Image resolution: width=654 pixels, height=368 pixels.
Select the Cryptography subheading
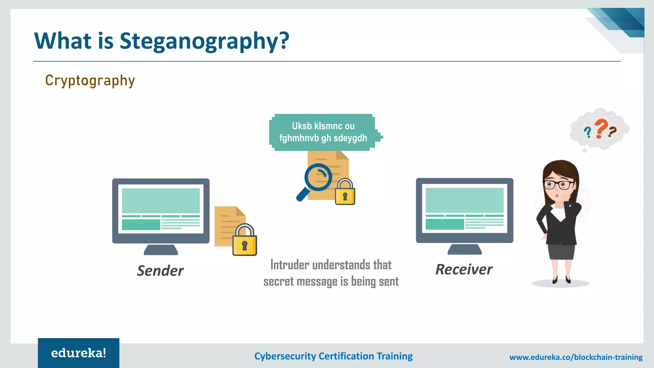[90, 80]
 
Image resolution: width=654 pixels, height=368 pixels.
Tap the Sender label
[160, 271]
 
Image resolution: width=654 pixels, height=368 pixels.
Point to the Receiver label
[464, 270]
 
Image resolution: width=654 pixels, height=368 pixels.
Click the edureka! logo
[79, 353]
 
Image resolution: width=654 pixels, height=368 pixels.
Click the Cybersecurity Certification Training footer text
[333, 356]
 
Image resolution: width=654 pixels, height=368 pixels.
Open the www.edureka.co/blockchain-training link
[576, 357]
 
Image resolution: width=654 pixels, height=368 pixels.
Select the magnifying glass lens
[318, 177]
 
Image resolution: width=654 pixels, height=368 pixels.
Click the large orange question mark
[601, 128]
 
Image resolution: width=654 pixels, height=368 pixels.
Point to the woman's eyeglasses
[559, 185]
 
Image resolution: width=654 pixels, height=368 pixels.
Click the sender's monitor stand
[161, 249]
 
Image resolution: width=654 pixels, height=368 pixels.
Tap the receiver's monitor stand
[465, 249]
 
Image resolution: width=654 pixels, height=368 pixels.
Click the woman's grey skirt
[561, 251]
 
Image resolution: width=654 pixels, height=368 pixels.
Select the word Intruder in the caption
[290, 265]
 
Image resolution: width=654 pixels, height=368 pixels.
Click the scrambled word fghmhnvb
[299, 138]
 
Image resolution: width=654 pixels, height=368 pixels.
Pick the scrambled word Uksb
[302, 126]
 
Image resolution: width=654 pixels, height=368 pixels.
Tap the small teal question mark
[587, 132]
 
